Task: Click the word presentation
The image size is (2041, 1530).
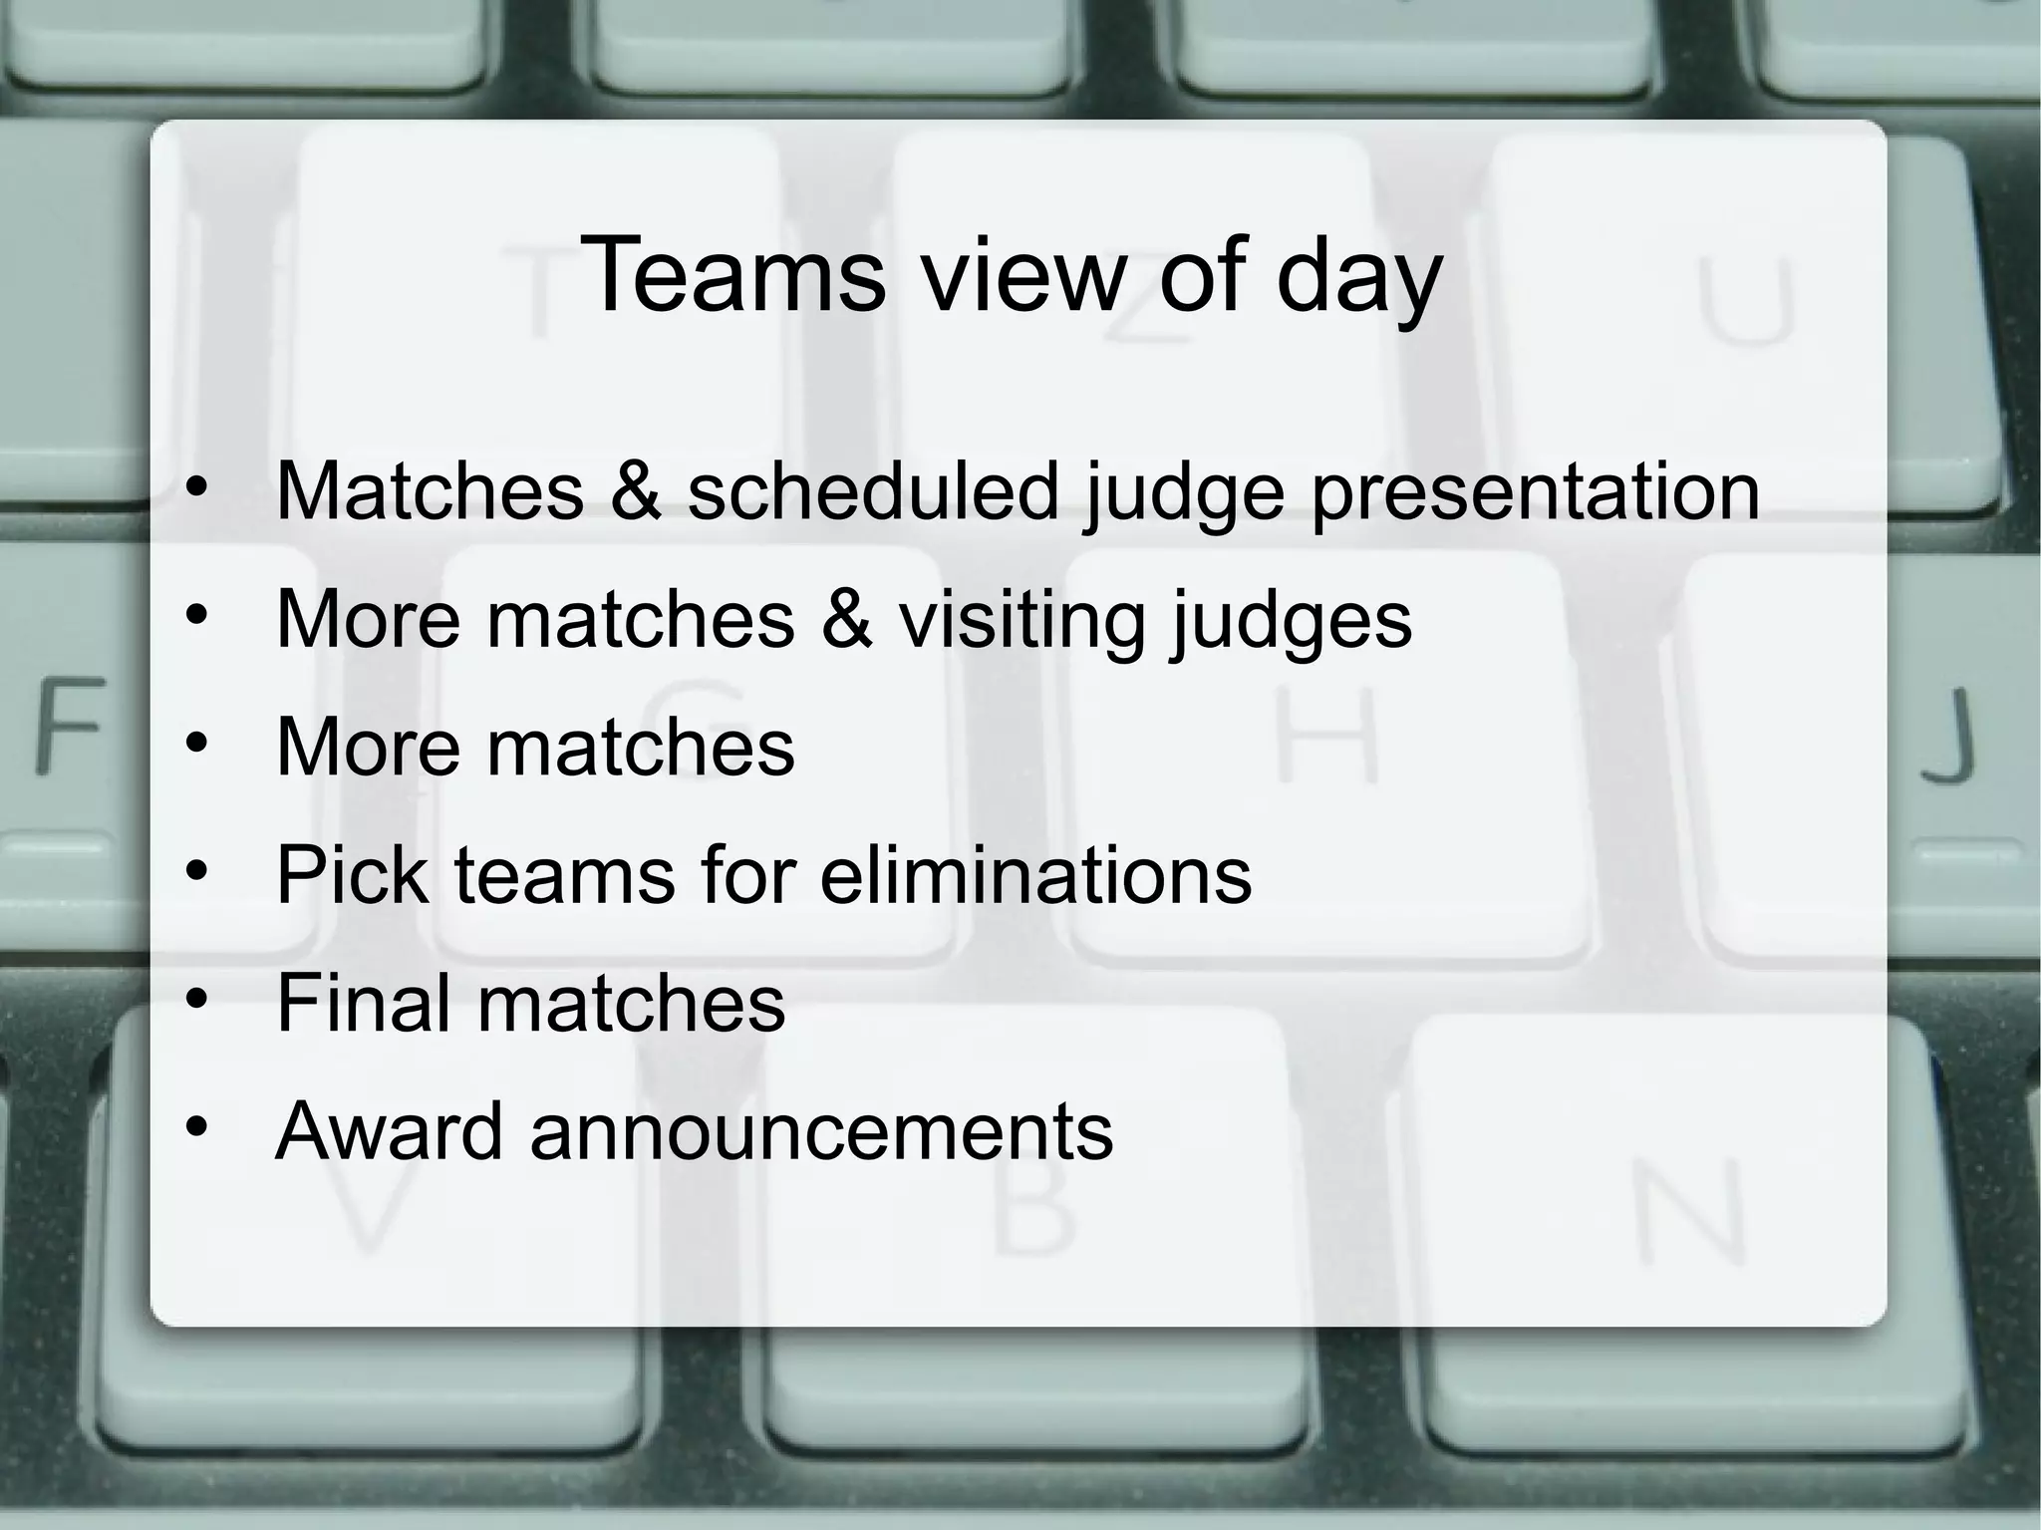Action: point(1535,493)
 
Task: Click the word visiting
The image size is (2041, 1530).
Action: point(1021,620)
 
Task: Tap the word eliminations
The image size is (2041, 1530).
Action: point(1035,875)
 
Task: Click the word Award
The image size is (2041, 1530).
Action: point(389,1131)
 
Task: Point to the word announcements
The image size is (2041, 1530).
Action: point(821,1133)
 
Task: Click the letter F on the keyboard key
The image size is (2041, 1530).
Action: point(70,725)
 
